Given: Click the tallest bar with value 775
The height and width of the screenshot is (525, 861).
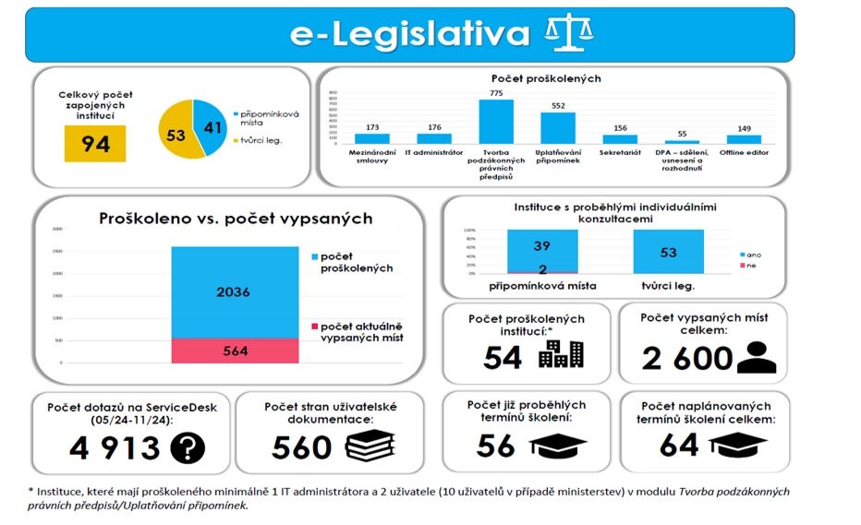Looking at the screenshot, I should pos(495,121).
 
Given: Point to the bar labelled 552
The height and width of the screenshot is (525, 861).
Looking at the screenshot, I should pos(557,127).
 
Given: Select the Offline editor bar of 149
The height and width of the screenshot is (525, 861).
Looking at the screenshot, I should pos(744,138).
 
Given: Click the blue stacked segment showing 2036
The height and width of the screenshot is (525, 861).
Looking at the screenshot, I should pos(234,292).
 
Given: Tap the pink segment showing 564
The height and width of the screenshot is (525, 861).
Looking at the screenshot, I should pos(234,351).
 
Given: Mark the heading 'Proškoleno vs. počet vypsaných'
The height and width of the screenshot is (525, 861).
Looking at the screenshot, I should pos(236,219).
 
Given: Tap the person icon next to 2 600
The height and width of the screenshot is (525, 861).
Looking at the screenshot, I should pos(757,355).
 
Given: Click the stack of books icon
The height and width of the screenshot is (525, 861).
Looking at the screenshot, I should pos(369,447).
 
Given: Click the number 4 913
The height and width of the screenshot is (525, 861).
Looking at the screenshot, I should pos(115,447).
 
